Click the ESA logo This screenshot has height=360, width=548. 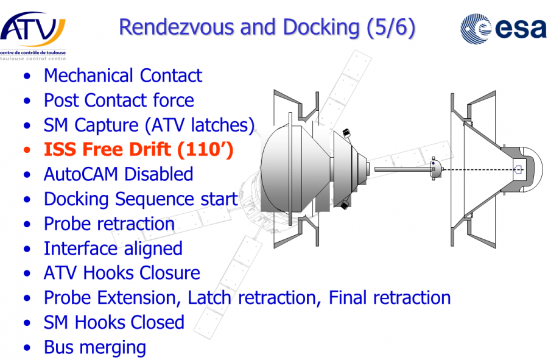pos(502,28)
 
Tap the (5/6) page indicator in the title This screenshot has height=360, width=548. pos(390,27)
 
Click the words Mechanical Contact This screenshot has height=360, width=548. pos(122,76)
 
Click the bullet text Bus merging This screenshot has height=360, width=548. pos(94,347)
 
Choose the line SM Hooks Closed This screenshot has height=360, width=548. pos(113,322)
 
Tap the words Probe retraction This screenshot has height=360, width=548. pos(109,224)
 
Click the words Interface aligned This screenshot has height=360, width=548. pos(113,249)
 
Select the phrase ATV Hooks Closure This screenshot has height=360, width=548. pos(121,273)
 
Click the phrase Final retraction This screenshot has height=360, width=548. pos(390,298)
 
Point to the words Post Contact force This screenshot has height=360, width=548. pos(119,101)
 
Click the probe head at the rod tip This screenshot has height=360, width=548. pos(434,169)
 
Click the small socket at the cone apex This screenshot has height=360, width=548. pos(518,169)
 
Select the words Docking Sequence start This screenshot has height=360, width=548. pos(140,199)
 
